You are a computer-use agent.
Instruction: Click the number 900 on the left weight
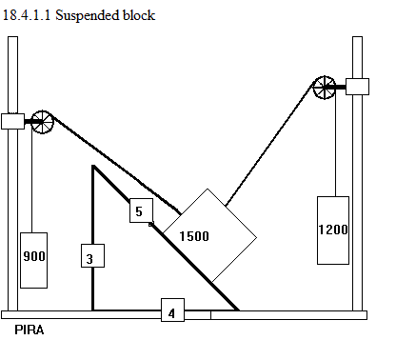pos(34,256)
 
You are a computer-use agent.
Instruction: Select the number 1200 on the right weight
pos(333,230)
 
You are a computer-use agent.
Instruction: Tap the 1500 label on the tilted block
pos(194,236)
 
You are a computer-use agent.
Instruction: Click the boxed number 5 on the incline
pos(141,210)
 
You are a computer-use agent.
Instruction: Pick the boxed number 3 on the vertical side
pos(92,256)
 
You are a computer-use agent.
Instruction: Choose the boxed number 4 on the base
pos(172,310)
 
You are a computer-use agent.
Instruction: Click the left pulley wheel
pos(42,122)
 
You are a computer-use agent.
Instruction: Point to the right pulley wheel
pos(325,88)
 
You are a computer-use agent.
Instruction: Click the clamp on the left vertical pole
pos(12,121)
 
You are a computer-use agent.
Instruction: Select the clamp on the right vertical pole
pos(357,87)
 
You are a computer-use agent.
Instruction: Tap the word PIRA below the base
pos(30,330)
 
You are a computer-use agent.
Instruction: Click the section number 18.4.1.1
pos(27,15)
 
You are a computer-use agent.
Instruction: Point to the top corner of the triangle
pos(93,166)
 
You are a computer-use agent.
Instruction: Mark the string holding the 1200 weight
pos(336,143)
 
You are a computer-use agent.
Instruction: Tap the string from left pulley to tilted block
pos(116,164)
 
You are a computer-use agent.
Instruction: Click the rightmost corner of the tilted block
pos(256,237)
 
